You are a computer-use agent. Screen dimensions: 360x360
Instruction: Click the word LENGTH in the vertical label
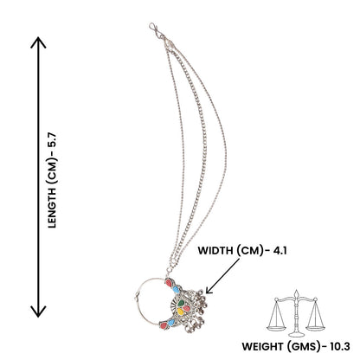pyautogui.click(x=52, y=209)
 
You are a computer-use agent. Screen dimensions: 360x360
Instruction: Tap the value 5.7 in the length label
pyautogui.click(x=53, y=140)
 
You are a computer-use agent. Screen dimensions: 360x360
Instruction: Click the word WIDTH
pyautogui.click(x=215, y=251)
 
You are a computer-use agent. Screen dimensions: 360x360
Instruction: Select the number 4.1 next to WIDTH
pyautogui.click(x=280, y=251)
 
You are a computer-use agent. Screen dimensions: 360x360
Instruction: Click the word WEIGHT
pyautogui.click(x=263, y=346)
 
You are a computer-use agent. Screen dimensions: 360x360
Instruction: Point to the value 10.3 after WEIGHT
pyautogui.click(x=340, y=346)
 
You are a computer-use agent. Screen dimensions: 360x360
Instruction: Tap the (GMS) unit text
pyautogui.click(x=303, y=346)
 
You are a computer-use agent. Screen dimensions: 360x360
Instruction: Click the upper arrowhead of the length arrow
pyautogui.click(x=38, y=42)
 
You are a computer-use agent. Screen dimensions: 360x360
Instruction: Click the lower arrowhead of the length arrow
pyautogui.click(x=38, y=312)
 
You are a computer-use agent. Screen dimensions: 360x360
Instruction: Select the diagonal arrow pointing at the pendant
pyautogui.click(x=222, y=276)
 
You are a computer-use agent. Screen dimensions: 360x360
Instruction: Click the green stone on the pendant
pyautogui.click(x=181, y=303)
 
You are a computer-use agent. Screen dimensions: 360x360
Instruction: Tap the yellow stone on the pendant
pyautogui.click(x=181, y=311)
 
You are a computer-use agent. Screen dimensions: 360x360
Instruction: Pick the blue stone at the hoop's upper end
pyautogui.click(x=176, y=289)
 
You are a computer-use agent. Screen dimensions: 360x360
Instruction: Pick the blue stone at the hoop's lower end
pyautogui.click(x=171, y=323)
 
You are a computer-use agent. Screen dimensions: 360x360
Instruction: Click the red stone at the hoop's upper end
pyautogui.click(x=169, y=283)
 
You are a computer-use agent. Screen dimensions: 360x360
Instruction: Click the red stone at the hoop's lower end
pyautogui.click(x=164, y=325)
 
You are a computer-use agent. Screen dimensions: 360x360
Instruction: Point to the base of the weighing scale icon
pyautogui.click(x=296, y=335)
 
